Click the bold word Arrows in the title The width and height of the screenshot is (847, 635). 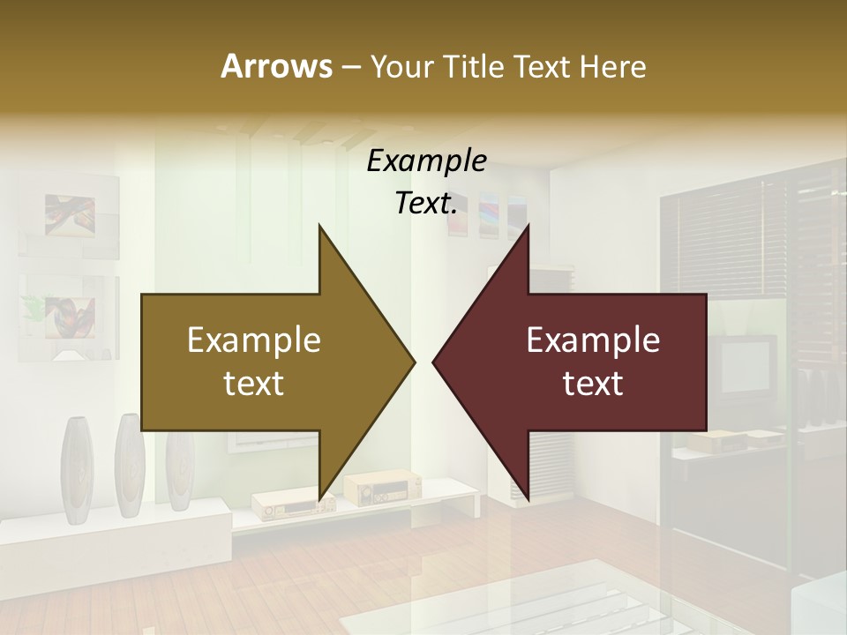pyautogui.click(x=276, y=66)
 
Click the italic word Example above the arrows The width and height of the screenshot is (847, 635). pyautogui.click(x=427, y=161)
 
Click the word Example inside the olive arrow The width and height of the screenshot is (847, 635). pyautogui.click(x=254, y=340)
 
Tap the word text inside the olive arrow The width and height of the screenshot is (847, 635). pyautogui.click(x=254, y=384)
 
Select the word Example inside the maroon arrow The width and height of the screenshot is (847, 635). pyautogui.click(x=593, y=340)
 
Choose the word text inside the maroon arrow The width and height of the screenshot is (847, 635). pyautogui.click(x=593, y=384)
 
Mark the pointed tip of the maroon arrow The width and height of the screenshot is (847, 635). pyautogui.click(x=434, y=362)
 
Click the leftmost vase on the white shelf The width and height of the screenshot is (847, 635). pyautogui.click(x=78, y=467)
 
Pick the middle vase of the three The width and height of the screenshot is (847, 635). pyautogui.click(x=128, y=465)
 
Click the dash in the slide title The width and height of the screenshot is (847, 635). pyautogui.click(x=350, y=67)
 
